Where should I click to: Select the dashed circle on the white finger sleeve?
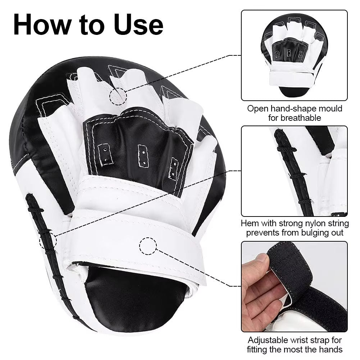(x=118, y=96)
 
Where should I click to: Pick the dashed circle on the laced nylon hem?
(x=48, y=240)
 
